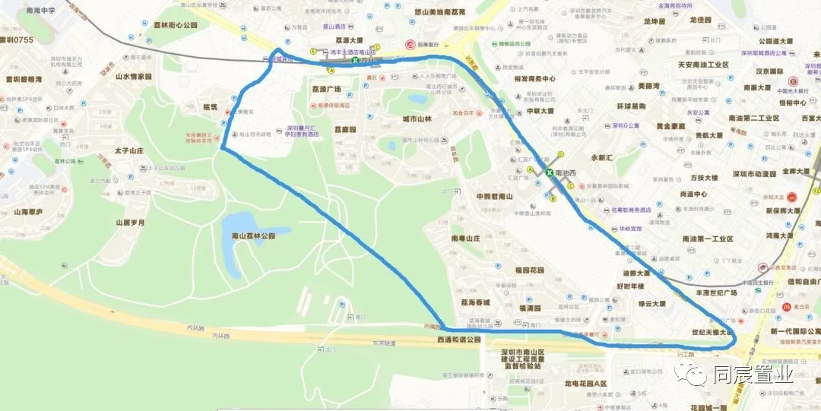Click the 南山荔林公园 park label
(253, 236)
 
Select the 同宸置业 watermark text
(753, 375)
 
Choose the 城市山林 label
(417, 119)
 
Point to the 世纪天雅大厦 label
(714, 332)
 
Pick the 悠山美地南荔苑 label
(450, 12)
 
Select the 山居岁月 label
(130, 223)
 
